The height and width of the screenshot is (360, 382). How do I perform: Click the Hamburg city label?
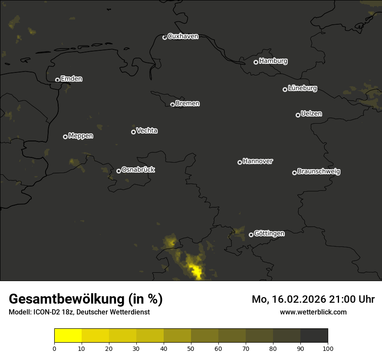[x=273, y=61]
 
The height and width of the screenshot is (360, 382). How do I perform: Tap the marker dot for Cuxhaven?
[x=165, y=37]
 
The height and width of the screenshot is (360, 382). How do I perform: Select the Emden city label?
[x=71, y=79]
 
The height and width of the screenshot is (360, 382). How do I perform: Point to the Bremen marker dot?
[x=172, y=105]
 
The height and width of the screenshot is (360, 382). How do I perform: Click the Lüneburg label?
[x=302, y=88]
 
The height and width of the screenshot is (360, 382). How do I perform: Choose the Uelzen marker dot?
[x=298, y=115]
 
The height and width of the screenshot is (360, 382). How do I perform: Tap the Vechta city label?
[x=147, y=131]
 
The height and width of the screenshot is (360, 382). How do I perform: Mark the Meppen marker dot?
[x=65, y=137]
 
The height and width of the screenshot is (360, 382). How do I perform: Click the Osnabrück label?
[x=138, y=170]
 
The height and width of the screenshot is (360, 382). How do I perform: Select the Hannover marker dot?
[x=240, y=162]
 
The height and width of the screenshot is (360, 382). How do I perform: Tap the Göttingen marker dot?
[x=251, y=235]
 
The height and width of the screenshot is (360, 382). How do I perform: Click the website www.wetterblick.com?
[x=313, y=312]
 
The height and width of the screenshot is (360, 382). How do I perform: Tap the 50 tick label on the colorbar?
[x=191, y=348]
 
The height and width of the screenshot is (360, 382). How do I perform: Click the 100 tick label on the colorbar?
[x=328, y=348]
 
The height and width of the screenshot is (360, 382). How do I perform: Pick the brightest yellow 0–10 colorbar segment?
[x=68, y=336]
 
